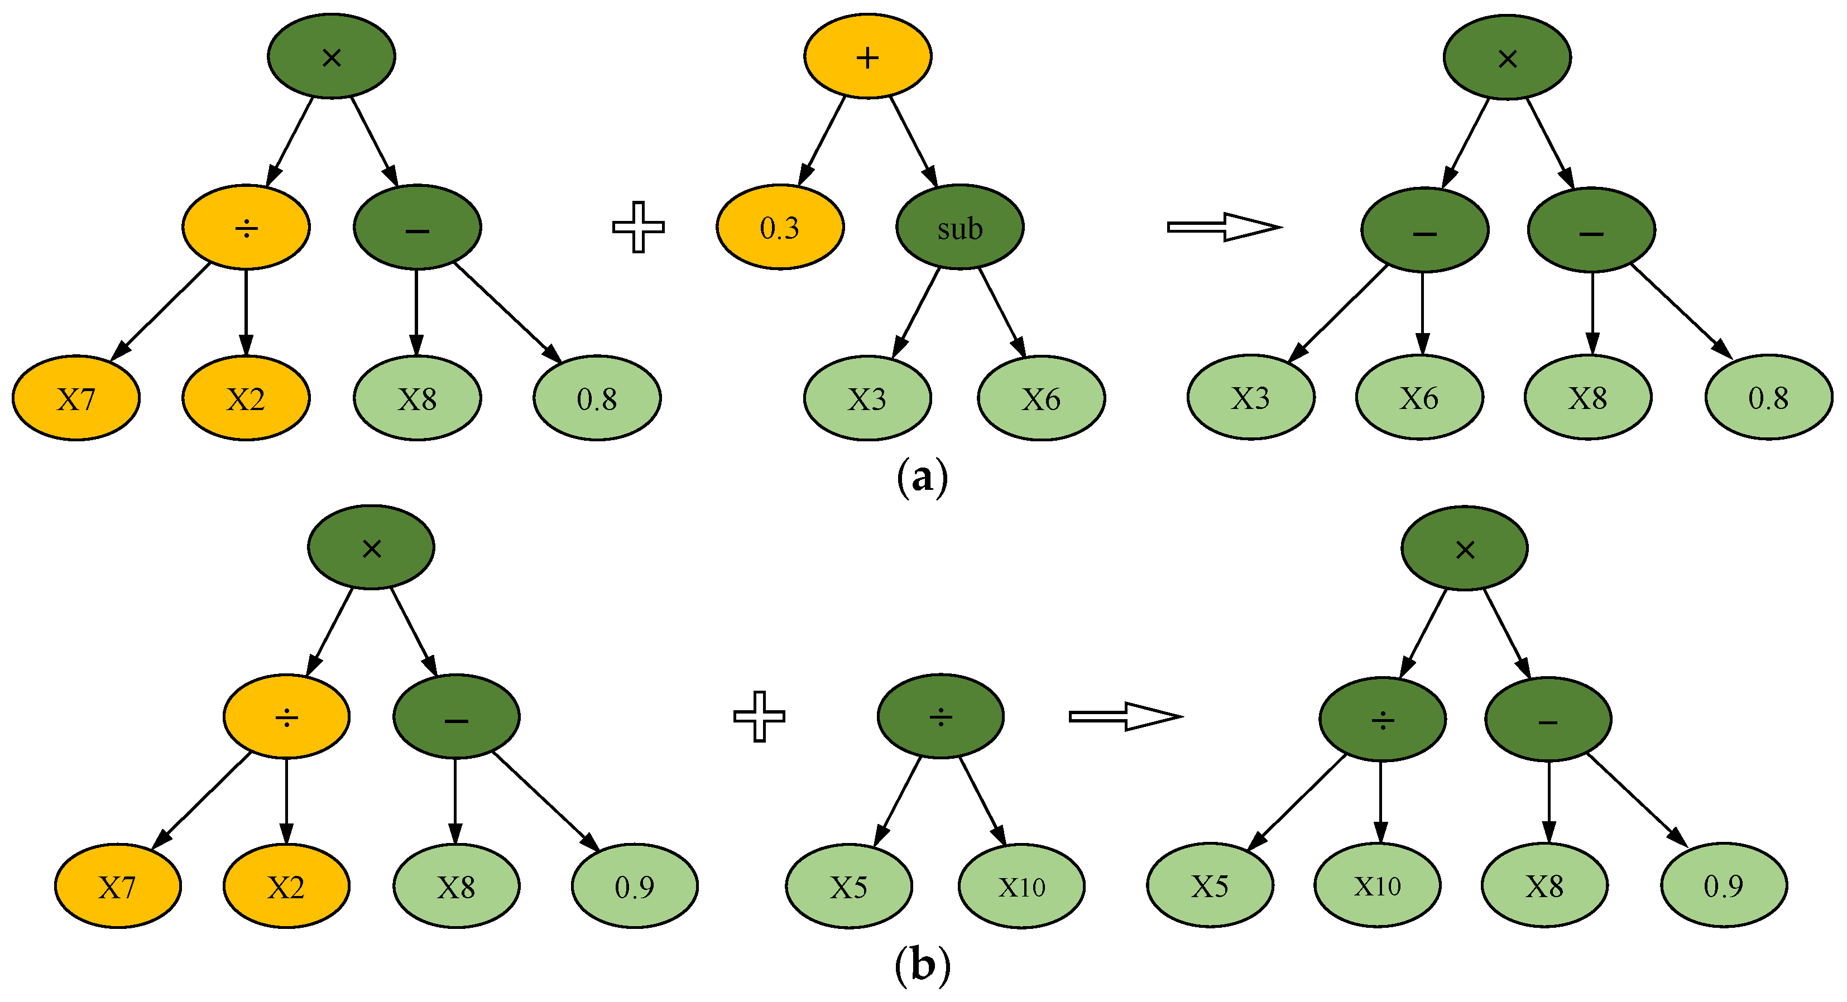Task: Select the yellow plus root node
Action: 867,56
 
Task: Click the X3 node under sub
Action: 867,398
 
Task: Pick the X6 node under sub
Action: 1040,398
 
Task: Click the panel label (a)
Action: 922,476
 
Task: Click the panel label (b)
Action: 922,966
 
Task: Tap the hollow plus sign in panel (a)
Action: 637,227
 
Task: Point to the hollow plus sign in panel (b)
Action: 759,716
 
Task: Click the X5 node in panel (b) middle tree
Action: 848,887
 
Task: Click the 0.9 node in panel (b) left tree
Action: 634,887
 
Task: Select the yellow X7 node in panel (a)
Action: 76,398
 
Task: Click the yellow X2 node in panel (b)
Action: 286,887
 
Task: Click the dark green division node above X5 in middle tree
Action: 940,716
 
